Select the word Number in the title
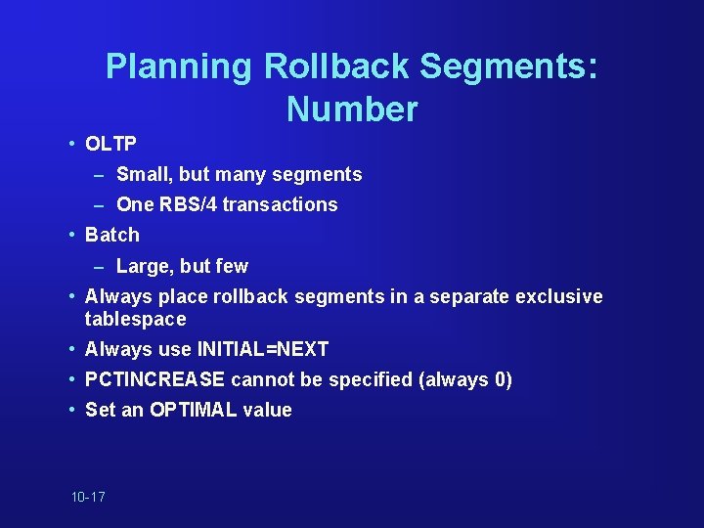352,109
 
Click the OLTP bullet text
110,144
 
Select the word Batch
112,235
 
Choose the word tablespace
135,320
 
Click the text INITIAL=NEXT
263,349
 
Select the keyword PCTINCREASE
154,379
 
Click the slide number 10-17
88,497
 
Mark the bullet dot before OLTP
73,144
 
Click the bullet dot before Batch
73,235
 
